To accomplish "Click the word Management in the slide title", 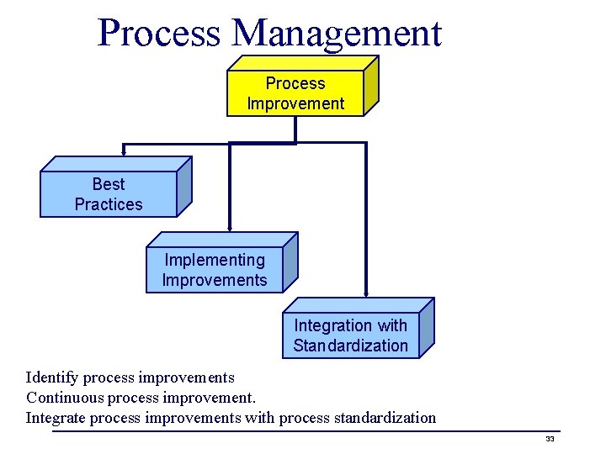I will (337, 34).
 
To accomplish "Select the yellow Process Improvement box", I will (295, 92).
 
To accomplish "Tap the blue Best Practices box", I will (109, 194).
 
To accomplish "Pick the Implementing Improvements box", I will (215, 270).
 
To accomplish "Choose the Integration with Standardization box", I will (350, 335).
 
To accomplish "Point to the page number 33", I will (550, 440).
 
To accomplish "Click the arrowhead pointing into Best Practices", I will (124, 152).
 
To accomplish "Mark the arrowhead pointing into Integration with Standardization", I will (366, 293).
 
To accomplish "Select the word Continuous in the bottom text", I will (64, 397).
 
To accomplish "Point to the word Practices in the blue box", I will (109, 204).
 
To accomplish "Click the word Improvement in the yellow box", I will (295, 103).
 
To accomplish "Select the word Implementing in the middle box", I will (215, 260).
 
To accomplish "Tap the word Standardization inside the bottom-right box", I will (350, 346).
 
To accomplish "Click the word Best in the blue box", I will (109, 184).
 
